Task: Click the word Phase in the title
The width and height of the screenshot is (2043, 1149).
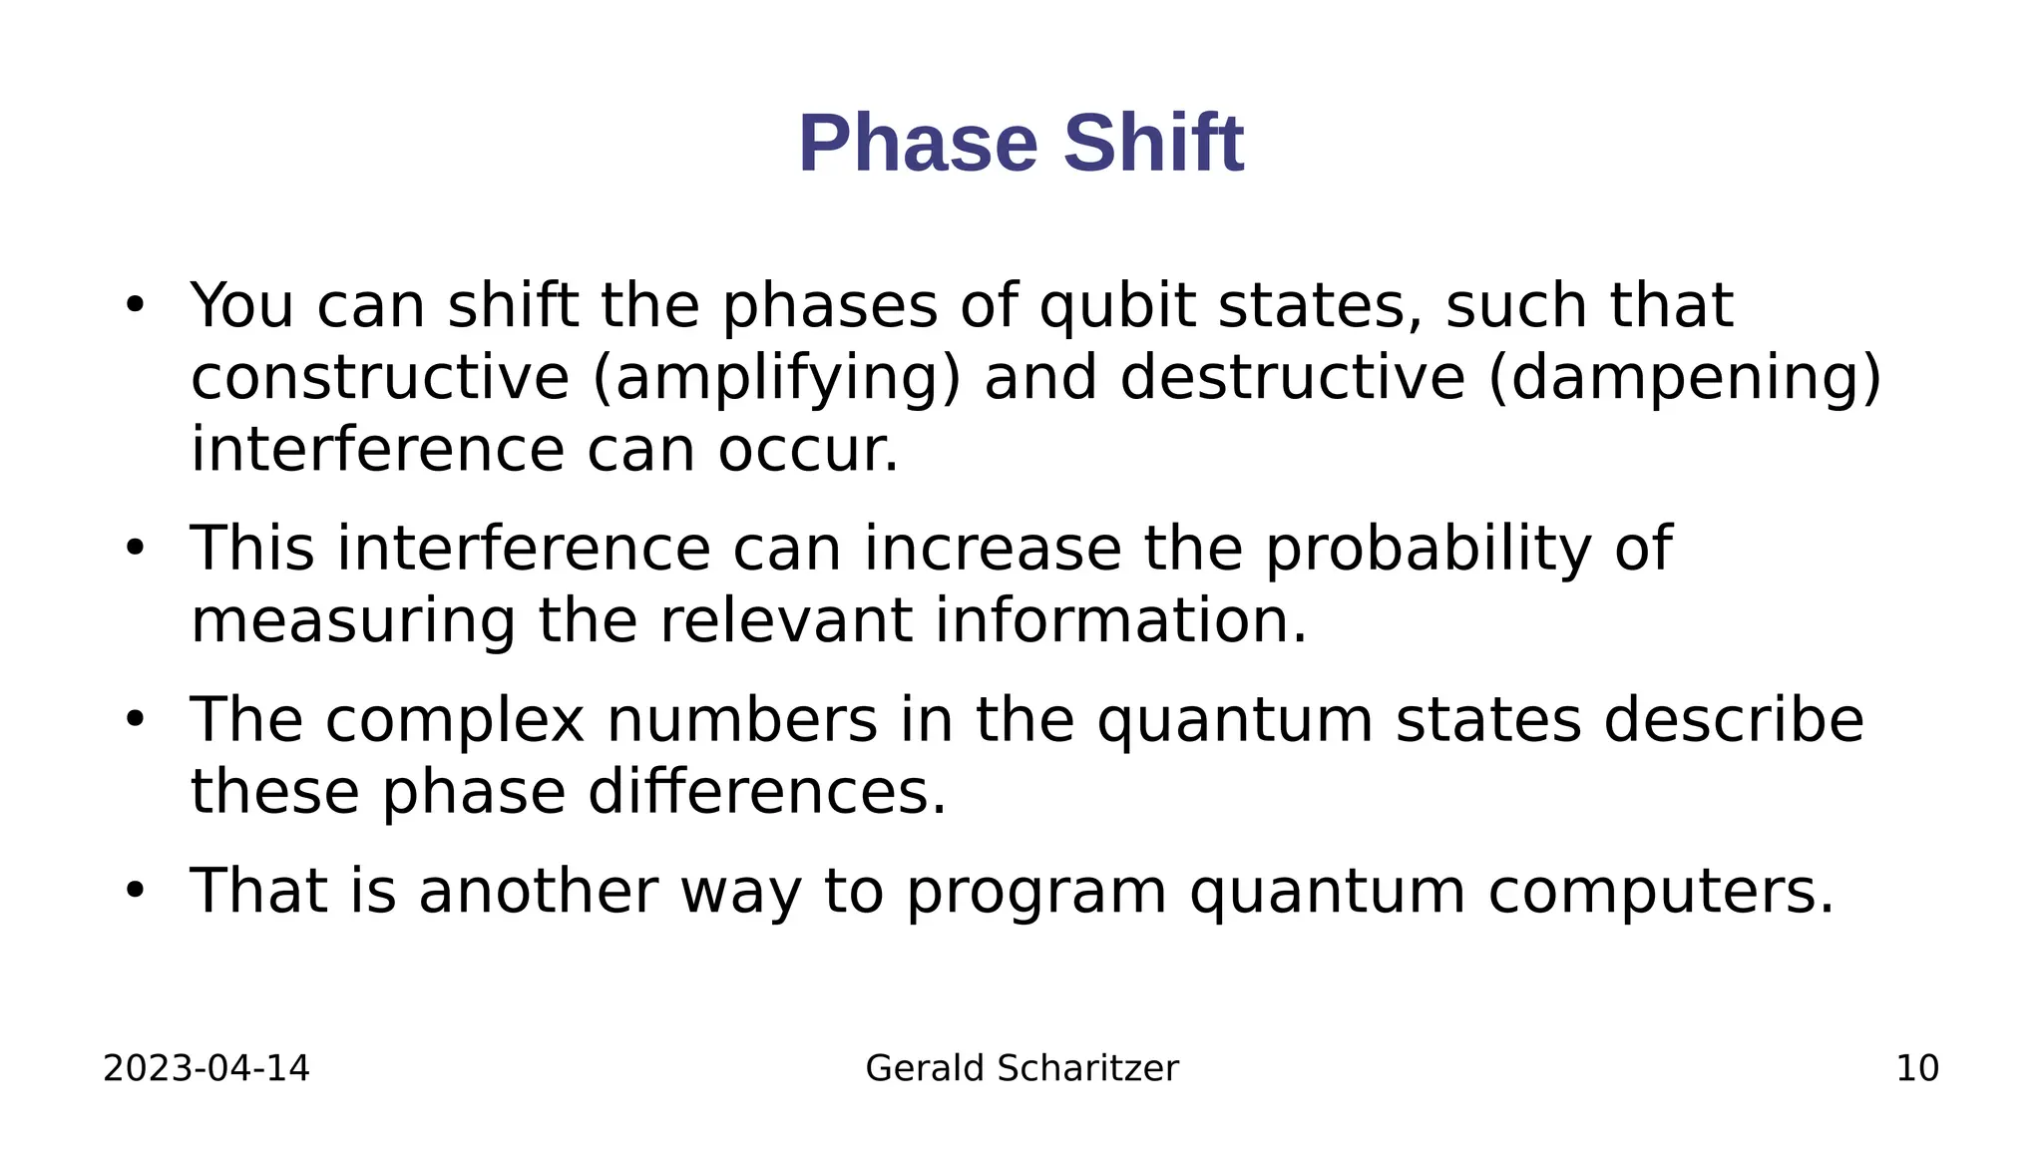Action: tap(918, 144)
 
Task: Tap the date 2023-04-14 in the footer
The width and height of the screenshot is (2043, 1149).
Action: tap(206, 1068)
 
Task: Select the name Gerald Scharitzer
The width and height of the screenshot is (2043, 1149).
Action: tap(1021, 1068)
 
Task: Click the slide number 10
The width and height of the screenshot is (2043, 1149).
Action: tap(1916, 1068)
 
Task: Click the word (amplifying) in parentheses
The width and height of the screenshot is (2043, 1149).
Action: tap(777, 378)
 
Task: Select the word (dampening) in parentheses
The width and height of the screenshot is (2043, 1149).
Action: tap(1684, 378)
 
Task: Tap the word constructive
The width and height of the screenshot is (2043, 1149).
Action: tap(380, 378)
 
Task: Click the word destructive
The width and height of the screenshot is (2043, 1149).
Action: tap(1292, 378)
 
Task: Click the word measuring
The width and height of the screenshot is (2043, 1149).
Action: tap(353, 620)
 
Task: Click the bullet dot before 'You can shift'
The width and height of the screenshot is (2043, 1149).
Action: tap(135, 305)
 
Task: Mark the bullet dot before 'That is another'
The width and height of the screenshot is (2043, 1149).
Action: tap(135, 890)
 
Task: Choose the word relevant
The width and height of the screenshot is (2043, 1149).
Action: tap(785, 620)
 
